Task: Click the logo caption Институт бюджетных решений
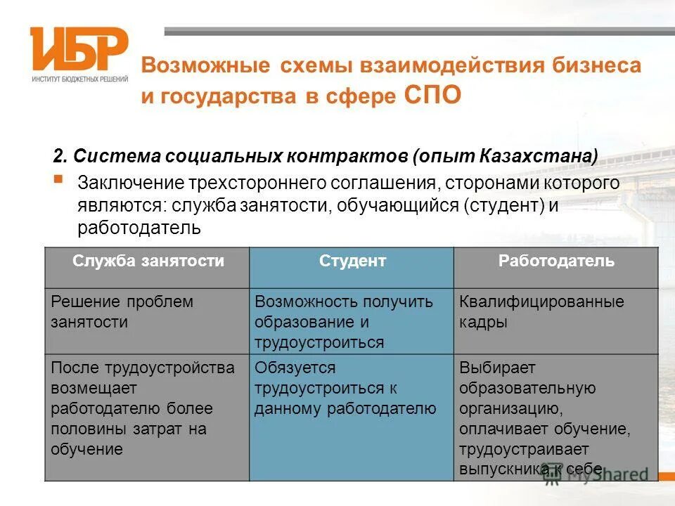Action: (79, 79)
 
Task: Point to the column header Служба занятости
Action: (148, 261)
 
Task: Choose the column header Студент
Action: (352, 261)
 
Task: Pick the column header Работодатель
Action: (556, 261)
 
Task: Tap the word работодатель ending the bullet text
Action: (140, 228)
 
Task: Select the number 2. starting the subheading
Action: (61, 155)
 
